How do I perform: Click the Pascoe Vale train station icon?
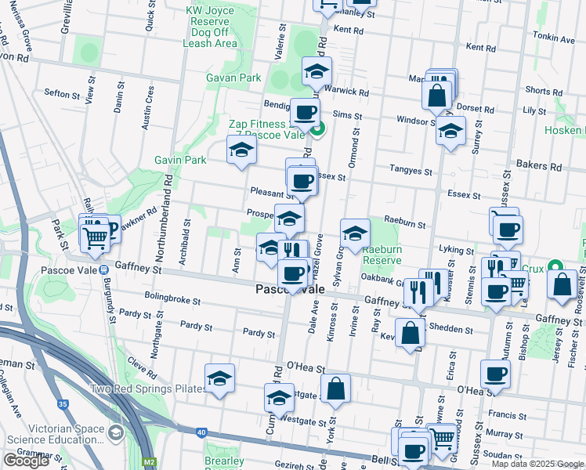[x=104, y=270]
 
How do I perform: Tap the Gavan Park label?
[x=233, y=78]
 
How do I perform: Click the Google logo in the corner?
[x=26, y=461]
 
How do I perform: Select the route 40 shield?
[x=201, y=432]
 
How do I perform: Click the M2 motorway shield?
[x=150, y=462]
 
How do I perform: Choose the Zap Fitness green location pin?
[x=317, y=130]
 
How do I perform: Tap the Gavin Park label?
[x=180, y=160]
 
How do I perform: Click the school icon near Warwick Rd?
[x=317, y=72]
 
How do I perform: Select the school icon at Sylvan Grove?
[x=355, y=233]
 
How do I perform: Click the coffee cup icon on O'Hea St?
[x=494, y=375]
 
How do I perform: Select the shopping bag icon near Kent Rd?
[x=436, y=96]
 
